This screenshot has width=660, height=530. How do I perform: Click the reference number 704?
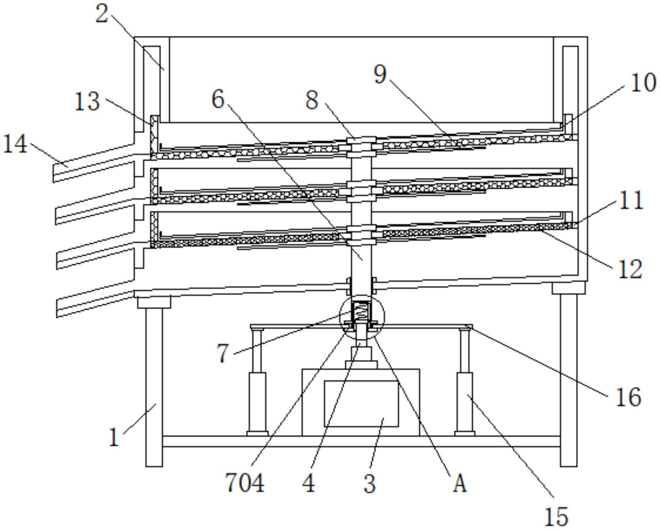[245, 482]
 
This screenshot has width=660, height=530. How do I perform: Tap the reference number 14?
[15, 144]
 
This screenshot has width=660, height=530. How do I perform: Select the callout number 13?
[87, 101]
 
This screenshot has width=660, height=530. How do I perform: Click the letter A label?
[460, 484]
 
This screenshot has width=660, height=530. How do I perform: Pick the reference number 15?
[556, 516]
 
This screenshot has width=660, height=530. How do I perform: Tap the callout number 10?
[643, 83]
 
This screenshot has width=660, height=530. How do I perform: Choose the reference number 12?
[630, 269]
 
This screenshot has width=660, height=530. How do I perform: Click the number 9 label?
[380, 74]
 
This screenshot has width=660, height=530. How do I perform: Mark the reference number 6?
[218, 100]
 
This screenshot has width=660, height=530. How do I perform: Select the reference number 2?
[102, 14]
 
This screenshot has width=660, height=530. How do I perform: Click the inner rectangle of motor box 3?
[361, 403]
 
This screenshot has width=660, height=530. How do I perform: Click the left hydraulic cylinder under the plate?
[257, 402]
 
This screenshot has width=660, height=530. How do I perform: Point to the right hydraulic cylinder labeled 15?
[465, 402]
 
